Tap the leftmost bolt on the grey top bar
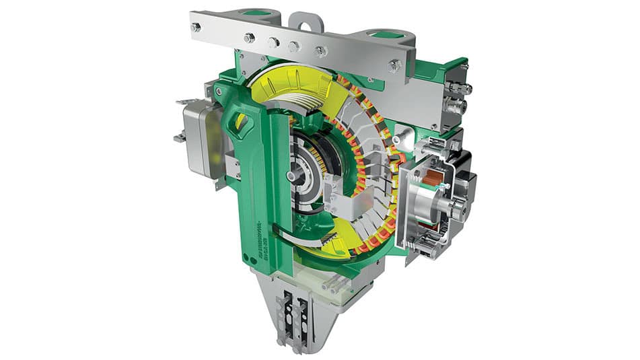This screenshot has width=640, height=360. pos(196,28)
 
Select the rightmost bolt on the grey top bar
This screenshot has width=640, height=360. pos(395,65)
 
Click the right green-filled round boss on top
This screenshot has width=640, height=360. pos(385,34)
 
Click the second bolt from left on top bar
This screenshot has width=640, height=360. pos(249,38)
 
